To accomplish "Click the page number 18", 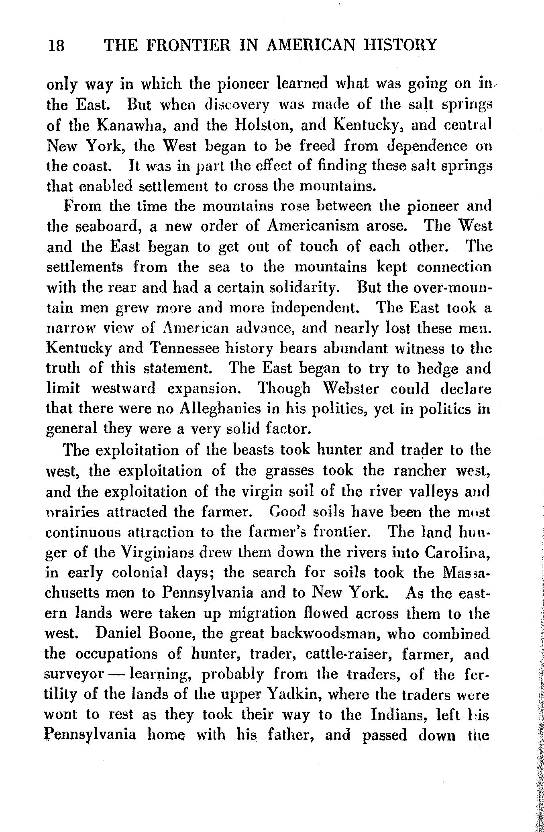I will (57, 45).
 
